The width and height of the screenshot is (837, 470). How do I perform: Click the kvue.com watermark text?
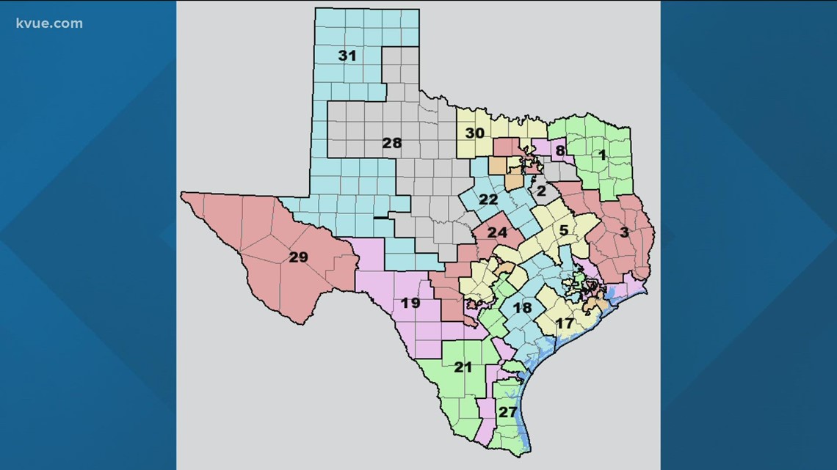click(48, 23)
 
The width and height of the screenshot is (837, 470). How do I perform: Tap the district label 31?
click(347, 55)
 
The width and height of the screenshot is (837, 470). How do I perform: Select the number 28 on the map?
click(392, 143)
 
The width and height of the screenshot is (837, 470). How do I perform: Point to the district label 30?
click(474, 133)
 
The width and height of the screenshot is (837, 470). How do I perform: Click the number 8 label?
click(560, 151)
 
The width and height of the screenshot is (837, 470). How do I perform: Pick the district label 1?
click(602, 155)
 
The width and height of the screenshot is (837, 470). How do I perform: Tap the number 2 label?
click(541, 191)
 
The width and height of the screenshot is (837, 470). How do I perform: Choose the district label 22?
click(488, 199)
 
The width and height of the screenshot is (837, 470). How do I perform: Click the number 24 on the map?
click(497, 233)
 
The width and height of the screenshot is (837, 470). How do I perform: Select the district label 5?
click(564, 230)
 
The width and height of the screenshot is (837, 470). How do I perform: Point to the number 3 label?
click(624, 233)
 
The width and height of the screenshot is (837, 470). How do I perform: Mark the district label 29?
click(298, 257)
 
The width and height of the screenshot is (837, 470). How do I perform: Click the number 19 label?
click(410, 302)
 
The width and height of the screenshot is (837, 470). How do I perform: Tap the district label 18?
click(521, 308)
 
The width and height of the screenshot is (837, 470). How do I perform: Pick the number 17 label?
click(564, 323)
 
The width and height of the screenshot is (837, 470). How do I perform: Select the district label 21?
click(463, 367)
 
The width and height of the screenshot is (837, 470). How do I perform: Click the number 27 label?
click(507, 412)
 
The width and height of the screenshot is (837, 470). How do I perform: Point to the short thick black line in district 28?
click(381, 218)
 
